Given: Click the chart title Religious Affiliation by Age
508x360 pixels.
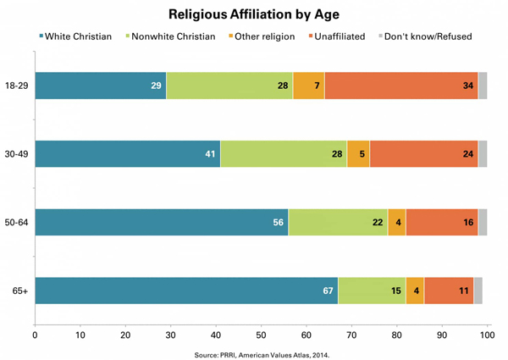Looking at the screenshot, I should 254,14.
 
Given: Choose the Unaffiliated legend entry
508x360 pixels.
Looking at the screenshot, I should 347,36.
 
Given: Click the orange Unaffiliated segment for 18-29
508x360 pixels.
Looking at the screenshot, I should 400,86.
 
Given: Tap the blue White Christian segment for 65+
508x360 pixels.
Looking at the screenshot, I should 185,291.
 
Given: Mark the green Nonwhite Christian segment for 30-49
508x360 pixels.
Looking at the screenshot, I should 284,154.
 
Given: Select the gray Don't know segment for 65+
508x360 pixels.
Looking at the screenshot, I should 478,291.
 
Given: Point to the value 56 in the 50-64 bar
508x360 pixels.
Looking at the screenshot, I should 278,223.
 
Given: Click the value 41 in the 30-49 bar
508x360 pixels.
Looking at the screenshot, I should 210,154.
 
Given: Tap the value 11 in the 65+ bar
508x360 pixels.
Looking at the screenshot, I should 464,291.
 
